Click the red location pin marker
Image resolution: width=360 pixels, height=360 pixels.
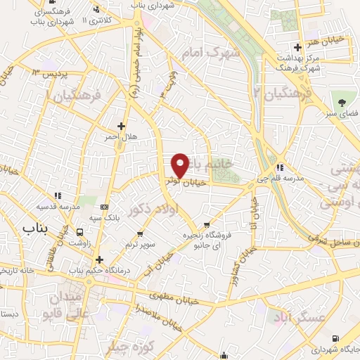pos(180,165)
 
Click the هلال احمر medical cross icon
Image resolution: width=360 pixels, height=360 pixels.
pos(121,126)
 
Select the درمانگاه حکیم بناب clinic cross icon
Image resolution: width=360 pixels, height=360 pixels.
pos(99,260)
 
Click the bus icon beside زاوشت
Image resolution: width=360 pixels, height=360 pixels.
pos(79,232)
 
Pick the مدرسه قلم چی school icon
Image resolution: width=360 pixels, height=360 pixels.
pos(279,168)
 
